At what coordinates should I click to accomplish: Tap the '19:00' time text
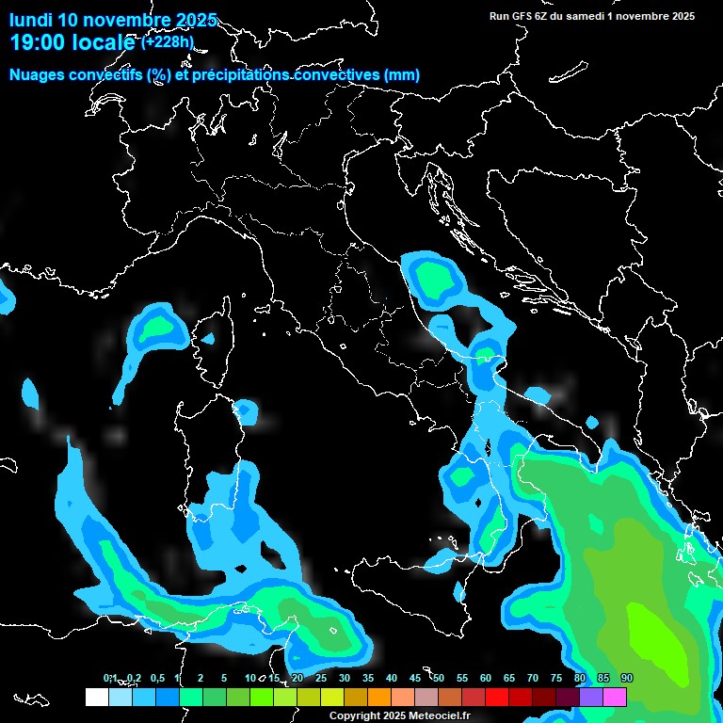coord(37,42)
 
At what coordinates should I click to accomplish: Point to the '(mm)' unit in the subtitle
coord(402,74)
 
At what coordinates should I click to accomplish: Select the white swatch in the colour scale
coord(96,697)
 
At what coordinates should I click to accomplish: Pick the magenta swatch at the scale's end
coord(615,697)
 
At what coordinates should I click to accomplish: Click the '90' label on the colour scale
coord(626,678)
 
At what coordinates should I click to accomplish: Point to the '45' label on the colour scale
coord(415,678)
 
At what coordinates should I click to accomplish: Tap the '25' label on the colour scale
coord(321,678)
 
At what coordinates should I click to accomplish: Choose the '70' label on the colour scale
coord(533,678)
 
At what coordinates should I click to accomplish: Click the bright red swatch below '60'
coord(497,697)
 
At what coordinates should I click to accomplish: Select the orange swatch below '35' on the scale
coord(379,697)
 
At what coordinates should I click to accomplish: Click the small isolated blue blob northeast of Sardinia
coord(246,410)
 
